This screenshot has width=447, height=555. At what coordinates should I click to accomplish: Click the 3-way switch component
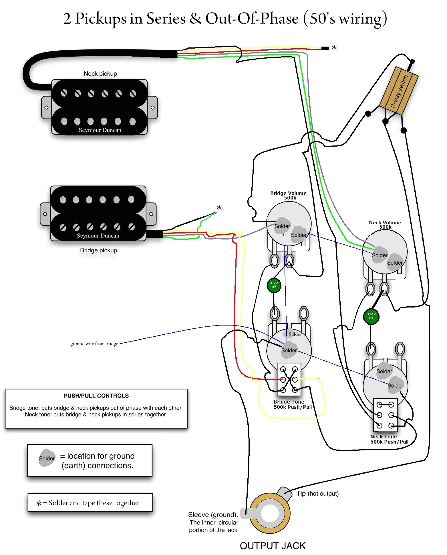[x=399, y=91]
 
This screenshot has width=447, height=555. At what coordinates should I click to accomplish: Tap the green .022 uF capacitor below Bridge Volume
[x=274, y=285]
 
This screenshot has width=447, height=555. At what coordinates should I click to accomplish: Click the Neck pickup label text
[x=100, y=74]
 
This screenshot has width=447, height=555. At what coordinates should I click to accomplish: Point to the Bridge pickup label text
[x=98, y=250]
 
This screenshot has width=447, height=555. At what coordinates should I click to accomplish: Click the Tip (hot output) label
[x=317, y=494]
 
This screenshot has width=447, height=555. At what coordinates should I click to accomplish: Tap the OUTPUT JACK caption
[x=272, y=546]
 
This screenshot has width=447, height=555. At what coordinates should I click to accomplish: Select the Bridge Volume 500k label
[x=288, y=195]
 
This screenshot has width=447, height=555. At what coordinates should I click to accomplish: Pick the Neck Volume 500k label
[x=385, y=225]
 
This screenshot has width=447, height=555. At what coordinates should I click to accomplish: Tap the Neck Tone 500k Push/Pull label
[x=389, y=439]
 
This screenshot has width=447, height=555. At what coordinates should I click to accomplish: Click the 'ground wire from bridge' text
[x=94, y=344]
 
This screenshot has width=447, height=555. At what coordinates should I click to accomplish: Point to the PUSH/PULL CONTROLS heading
[x=96, y=396]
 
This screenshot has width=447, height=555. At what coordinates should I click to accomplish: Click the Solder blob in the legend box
[x=47, y=458]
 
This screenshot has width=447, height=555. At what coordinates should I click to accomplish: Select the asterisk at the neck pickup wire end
[x=334, y=48]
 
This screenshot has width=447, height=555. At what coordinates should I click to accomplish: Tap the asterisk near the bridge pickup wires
[x=219, y=208]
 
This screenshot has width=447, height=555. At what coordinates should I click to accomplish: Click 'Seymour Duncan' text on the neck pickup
[x=100, y=130]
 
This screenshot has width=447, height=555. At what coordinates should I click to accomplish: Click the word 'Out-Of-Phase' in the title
[x=252, y=19]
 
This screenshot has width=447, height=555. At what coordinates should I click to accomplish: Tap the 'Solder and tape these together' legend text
[x=94, y=503]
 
